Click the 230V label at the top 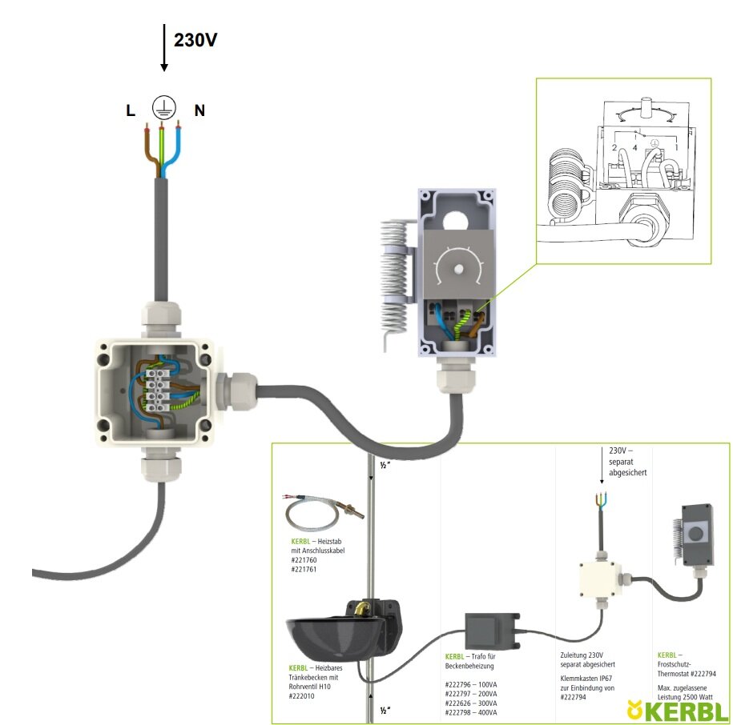195,39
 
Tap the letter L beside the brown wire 131,111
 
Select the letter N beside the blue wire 199,111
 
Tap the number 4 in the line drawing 635,147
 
